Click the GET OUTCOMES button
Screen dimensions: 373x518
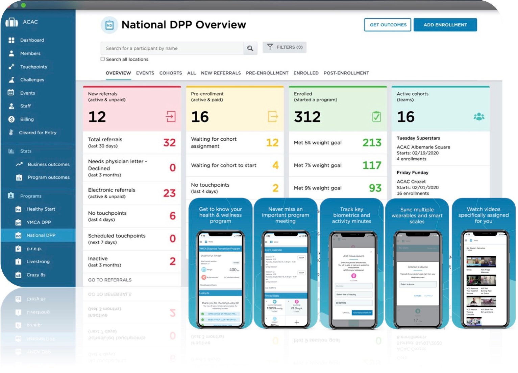point(388,25)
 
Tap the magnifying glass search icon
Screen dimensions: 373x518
point(250,48)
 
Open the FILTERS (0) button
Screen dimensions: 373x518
point(285,47)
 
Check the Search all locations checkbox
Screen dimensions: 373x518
point(103,59)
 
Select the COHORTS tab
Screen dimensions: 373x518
point(170,73)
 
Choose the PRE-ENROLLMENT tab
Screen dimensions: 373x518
point(267,73)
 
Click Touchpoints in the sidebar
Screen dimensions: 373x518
point(33,67)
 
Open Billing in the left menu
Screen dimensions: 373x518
point(27,119)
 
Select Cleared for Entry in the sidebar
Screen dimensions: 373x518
point(38,133)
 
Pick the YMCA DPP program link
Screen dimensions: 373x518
point(39,222)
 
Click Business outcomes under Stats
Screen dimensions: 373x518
point(48,164)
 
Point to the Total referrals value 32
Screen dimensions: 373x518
point(169,142)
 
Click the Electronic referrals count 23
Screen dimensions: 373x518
point(169,193)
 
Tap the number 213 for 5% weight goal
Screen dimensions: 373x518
point(372,143)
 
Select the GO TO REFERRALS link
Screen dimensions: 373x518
point(110,280)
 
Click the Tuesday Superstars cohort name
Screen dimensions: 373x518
point(418,138)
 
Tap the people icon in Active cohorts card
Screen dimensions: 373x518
point(479,117)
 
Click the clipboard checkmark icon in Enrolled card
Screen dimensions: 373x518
point(376,117)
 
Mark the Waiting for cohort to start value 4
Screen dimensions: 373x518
point(275,165)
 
